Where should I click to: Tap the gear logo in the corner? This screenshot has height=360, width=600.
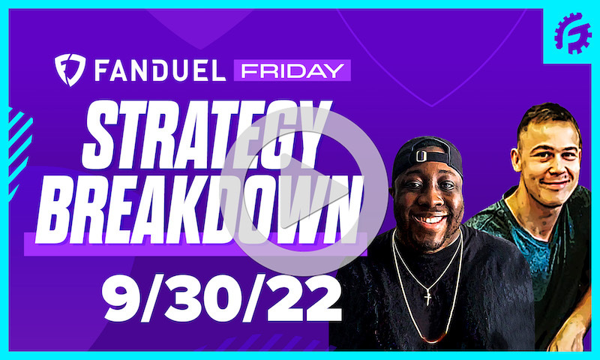coord(573,33)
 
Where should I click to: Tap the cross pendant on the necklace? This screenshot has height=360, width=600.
coord(428,298)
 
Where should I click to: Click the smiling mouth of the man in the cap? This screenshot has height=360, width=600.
coord(430,220)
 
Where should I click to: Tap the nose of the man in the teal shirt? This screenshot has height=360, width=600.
coord(552,165)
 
